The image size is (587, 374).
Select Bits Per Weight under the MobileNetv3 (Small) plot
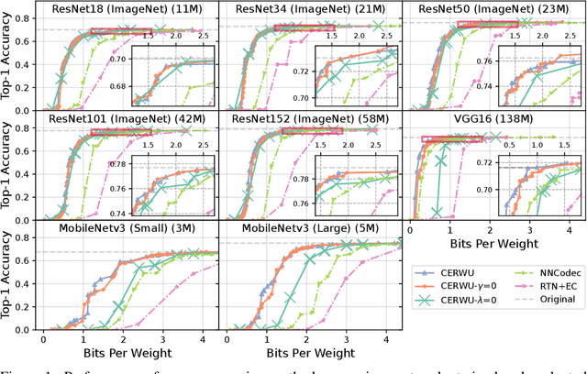click(124, 354)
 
